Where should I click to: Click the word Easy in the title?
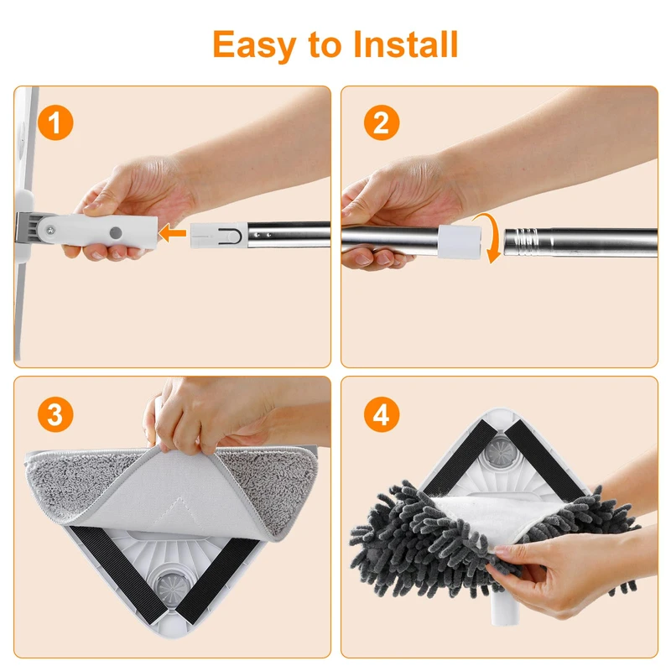(x=254, y=45)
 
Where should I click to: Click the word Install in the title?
(x=406, y=44)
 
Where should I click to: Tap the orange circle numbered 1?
(x=55, y=122)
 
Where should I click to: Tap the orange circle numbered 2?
(x=382, y=122)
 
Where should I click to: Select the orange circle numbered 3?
(x=55, y=414)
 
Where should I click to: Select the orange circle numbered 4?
(x=382, y=414)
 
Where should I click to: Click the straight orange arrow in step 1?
(x=172, y=233)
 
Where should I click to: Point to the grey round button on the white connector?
(x=116, y=233)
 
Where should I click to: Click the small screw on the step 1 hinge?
(x=51, y=230)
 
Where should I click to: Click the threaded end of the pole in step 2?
(x=521, y=242)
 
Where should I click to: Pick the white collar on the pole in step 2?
(x=459, y=242)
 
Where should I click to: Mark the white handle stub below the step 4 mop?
(x=505, y=607)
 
